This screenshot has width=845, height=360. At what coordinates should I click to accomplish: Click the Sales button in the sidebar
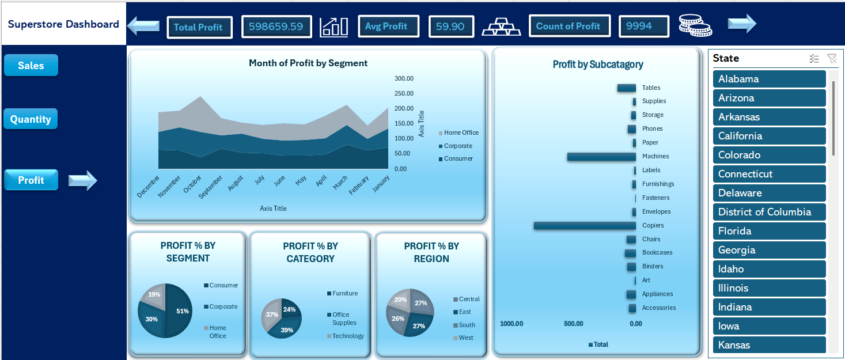click(31, 65)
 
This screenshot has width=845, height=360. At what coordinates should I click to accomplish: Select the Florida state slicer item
click(769, 231)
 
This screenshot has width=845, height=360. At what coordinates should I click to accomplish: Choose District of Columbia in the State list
click(769, 212)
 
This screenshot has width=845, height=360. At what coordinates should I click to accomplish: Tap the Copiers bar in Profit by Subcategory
click(585, 226)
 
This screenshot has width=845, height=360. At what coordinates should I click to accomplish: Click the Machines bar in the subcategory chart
click(602, 157)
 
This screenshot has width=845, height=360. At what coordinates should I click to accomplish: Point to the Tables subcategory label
click(651, 88)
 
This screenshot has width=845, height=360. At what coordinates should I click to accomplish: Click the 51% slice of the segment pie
click(179, 310)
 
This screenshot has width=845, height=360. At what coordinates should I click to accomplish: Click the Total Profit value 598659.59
click(276, 26)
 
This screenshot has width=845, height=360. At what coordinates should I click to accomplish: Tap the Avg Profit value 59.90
click(451, 26)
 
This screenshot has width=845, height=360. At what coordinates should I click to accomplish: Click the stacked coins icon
click(695, 25)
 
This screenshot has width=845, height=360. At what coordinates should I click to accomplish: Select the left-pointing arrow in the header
click(143, 26)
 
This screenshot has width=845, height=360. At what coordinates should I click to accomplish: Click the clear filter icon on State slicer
click(832, 59)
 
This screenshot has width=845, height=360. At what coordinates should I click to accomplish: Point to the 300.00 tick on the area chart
click(404, 78)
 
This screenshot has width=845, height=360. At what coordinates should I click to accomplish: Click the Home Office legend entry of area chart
click(459, 133)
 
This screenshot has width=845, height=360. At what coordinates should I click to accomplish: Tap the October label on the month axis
click(192, 184)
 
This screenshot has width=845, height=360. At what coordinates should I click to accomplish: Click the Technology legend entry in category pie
click(345, 336)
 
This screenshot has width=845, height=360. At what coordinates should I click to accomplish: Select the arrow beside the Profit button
click(82, 180)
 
